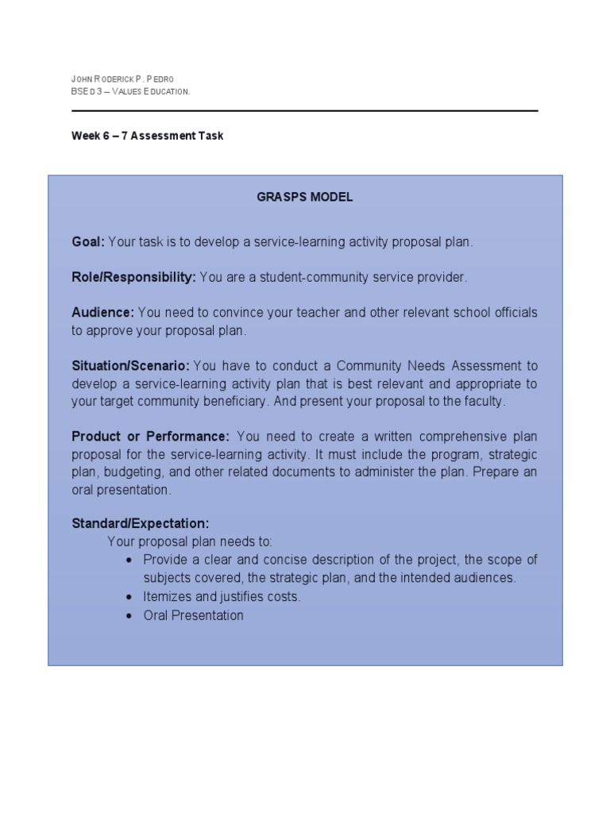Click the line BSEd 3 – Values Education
coord(130,92)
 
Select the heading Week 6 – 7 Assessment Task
coord(147,136)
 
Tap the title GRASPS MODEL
coord(305,198)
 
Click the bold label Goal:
coord(88,241)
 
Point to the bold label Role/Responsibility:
coord(133,277)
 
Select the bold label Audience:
coord(103,313)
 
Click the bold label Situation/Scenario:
coord(130,366)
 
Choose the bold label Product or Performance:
coord(150,437)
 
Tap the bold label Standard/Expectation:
coord(141,524)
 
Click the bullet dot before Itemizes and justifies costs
coord(130,597)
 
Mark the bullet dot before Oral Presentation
coord(130,615)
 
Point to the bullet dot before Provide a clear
coord(130,560)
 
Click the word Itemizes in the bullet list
coord(168,597)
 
